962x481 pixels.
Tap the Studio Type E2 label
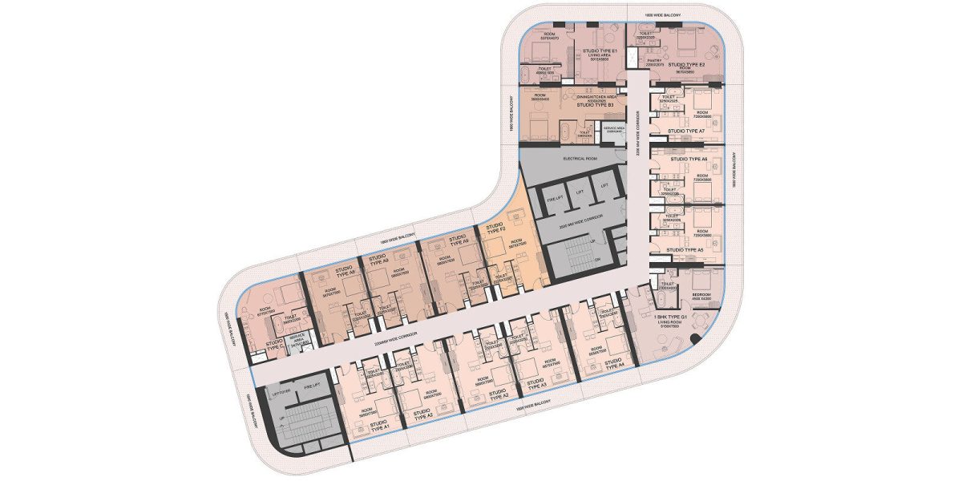point(686,64)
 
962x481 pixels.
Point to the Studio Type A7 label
point(685,131)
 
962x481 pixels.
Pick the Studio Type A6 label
point(688,160)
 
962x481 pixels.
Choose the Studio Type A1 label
point(380,426)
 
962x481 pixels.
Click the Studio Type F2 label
point(495,230)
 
